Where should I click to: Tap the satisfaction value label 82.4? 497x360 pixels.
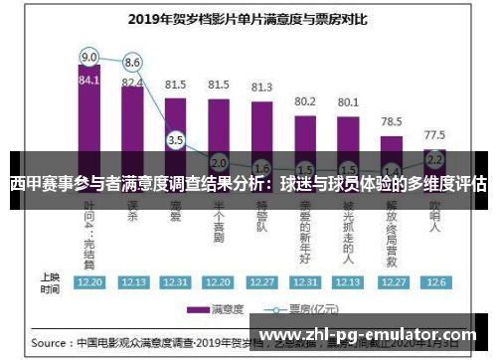132,83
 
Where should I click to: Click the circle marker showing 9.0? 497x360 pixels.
89,56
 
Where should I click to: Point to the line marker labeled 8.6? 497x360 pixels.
132,63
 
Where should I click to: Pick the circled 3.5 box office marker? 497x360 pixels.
176,140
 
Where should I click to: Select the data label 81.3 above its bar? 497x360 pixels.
261,88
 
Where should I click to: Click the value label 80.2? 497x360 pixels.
305,101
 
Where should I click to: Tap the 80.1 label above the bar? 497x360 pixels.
348,101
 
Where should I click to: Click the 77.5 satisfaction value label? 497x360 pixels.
434,133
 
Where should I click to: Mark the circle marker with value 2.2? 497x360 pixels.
434,158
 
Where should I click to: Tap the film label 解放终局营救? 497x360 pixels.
392,227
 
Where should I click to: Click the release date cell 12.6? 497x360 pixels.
434,282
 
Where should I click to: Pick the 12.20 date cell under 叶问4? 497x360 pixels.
89,282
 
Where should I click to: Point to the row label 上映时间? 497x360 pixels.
49,282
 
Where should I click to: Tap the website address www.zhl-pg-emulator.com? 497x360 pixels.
373,335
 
